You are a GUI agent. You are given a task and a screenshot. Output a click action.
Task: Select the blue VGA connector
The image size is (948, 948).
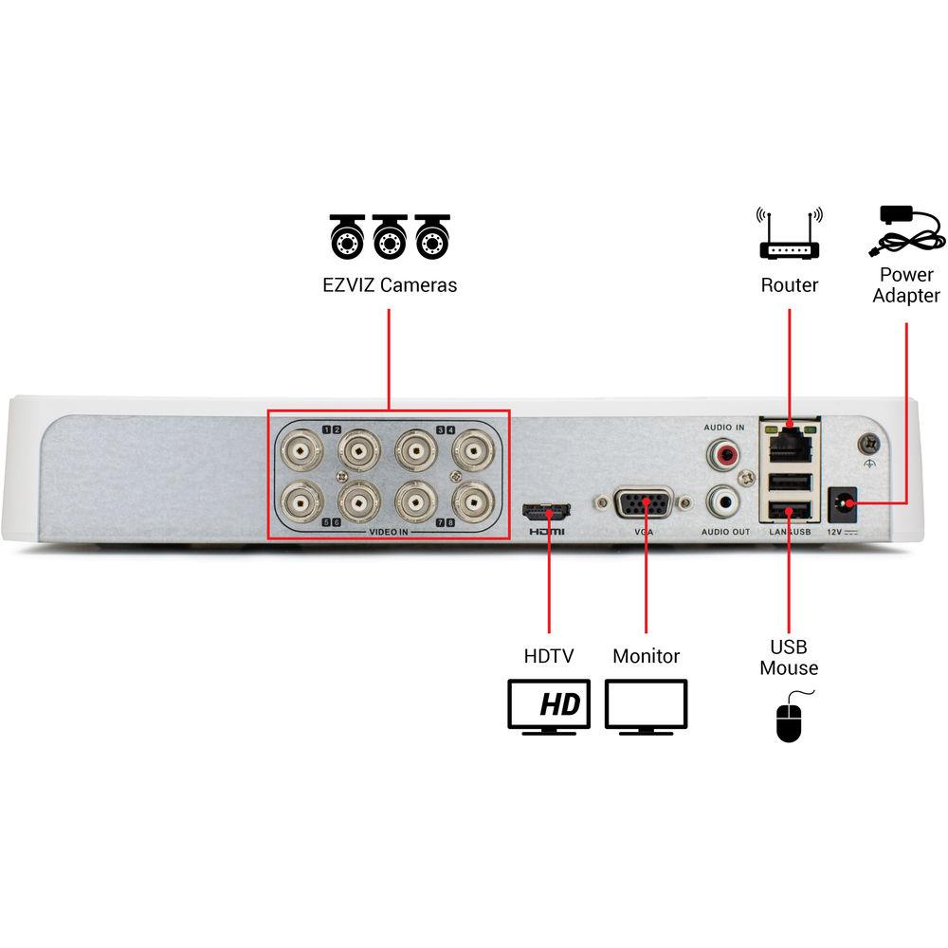pos(645,503)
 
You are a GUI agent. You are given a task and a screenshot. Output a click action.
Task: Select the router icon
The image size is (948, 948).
pos(790,236)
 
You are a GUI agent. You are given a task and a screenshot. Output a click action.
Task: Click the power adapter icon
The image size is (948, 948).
pos(907,232)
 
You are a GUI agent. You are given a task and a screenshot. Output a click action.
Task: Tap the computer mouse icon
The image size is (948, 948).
pos(789,718)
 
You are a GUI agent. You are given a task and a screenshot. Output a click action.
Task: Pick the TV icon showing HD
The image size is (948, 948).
pos(549,706)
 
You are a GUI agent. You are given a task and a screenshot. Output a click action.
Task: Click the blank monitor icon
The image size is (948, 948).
pos(646,706)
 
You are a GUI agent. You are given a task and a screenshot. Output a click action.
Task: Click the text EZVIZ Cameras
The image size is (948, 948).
pos(390,284)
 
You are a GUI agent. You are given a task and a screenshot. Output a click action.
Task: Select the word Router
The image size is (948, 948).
pos(790,284)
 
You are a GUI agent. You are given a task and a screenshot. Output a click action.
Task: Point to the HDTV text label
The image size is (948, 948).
pos(549,655)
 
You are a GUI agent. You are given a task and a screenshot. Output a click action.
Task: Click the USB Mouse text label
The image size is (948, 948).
pos(789,657)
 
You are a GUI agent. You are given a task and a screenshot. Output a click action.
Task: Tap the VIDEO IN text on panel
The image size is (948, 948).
pos(389,533)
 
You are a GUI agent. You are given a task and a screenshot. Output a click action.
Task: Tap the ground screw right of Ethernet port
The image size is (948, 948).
pos(867,442)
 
